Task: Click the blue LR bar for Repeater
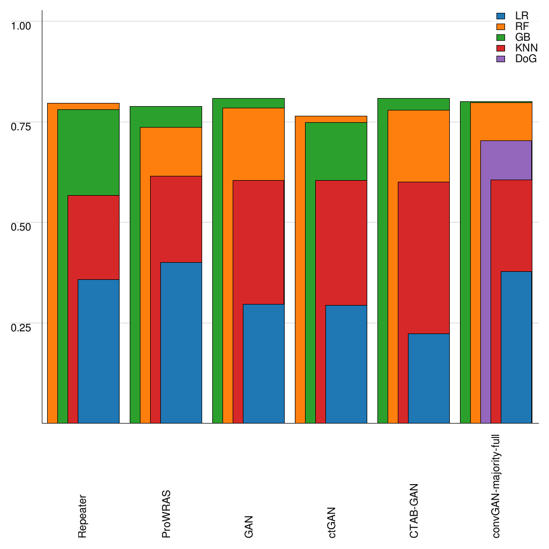click(x=98, y=351)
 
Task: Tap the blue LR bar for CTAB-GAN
click(x=428, y=378)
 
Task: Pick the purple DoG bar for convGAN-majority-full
click(x=506, y=160)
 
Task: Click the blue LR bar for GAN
click(x=263, y=363)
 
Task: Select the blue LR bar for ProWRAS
click(x=181, y=343)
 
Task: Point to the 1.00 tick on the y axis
click(x=21, y=25)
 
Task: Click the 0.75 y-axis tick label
click(x=21, y=126)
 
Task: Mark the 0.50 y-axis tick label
click(x=21, y=226)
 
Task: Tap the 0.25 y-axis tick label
click(x=21, y=327)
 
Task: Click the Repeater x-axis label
click(x=82, y=516)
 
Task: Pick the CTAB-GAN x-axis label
click(x=414, y=511)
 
